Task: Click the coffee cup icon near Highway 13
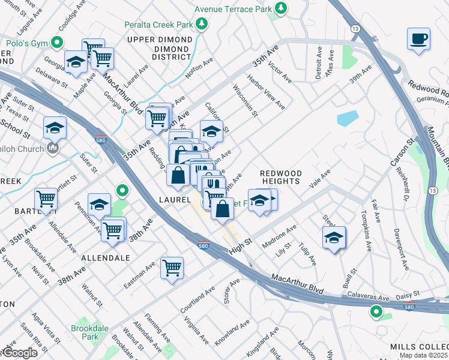point(418,39)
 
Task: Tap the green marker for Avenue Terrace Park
point(280,8)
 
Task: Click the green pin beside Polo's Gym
point(57,43)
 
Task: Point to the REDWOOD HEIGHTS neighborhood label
point(280,177)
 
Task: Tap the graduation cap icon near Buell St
point(334,238)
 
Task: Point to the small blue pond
point(348,118)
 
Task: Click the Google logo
point(19,353)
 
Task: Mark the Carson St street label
point(410,152)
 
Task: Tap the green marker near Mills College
point(376,311)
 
